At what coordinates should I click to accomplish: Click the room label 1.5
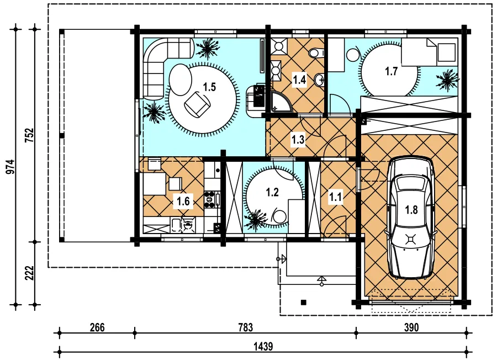[x=209, y=87]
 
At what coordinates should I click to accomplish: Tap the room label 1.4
[x=299, y=80]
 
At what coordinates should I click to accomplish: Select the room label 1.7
[x=392, y=71]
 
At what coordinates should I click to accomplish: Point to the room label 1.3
[x=298, y=140]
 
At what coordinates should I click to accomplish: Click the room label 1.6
[x=183, y=201]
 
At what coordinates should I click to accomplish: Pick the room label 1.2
[x=272, y=192]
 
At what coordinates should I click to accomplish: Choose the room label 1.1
[x=335, y=198]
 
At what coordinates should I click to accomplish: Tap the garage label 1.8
[x=411, y=210]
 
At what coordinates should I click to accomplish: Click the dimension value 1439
[x=263, y=346]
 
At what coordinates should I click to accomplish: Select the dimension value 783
[x=246, y=327]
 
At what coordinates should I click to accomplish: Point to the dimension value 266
[x=97, y=327]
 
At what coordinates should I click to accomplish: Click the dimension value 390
[x=411, y=327]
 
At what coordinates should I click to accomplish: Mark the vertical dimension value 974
[x=10, y=167]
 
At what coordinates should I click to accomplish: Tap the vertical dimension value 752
[x=29, y=135]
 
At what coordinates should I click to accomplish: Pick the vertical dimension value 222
[x=29, y=273]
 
